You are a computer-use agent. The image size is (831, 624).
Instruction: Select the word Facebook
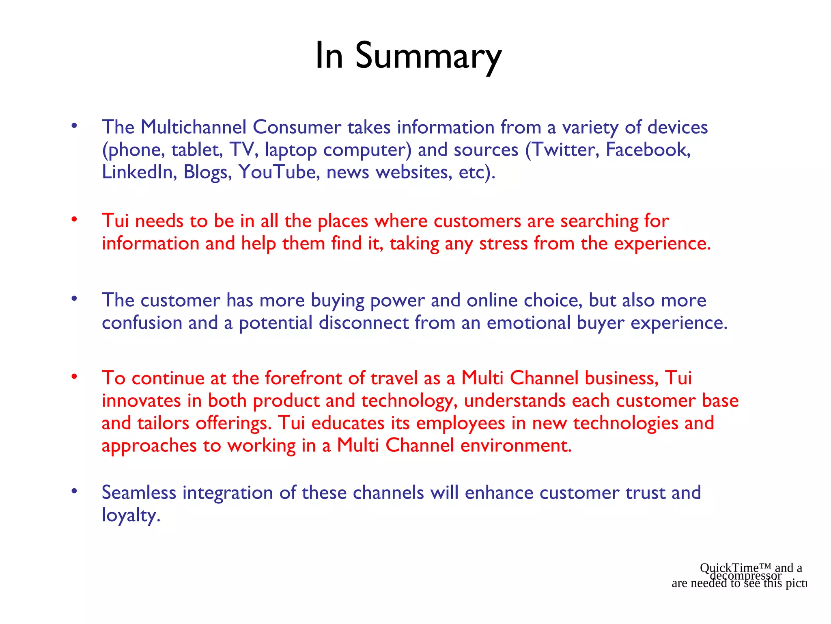(x=648, y=149)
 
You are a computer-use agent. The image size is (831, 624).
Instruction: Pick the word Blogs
(x=207, y=172)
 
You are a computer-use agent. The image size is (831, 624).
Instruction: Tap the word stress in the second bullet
(x=503, y=243)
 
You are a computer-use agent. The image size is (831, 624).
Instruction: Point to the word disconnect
(x=364, y=323)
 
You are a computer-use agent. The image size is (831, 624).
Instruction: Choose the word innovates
(x=141, y=401)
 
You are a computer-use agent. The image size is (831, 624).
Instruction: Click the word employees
(x=461, y=423)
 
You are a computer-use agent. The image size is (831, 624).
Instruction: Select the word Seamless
(x=139, y=493)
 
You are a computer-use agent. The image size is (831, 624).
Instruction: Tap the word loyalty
(x=131, y=516)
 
